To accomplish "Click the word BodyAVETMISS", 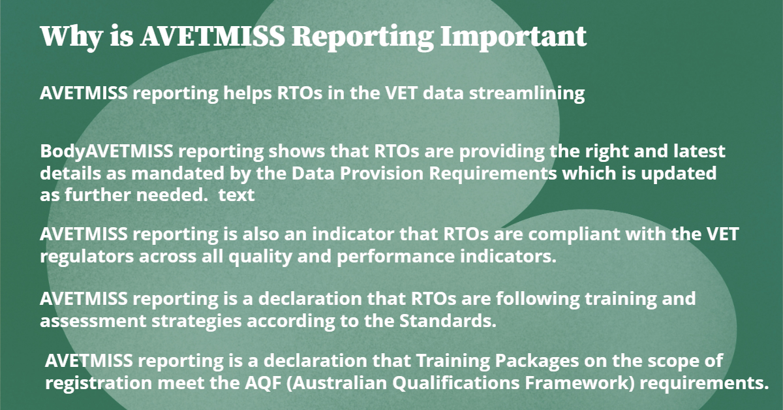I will (x=106, y=151).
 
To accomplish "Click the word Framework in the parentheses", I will (x=579, y=383).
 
